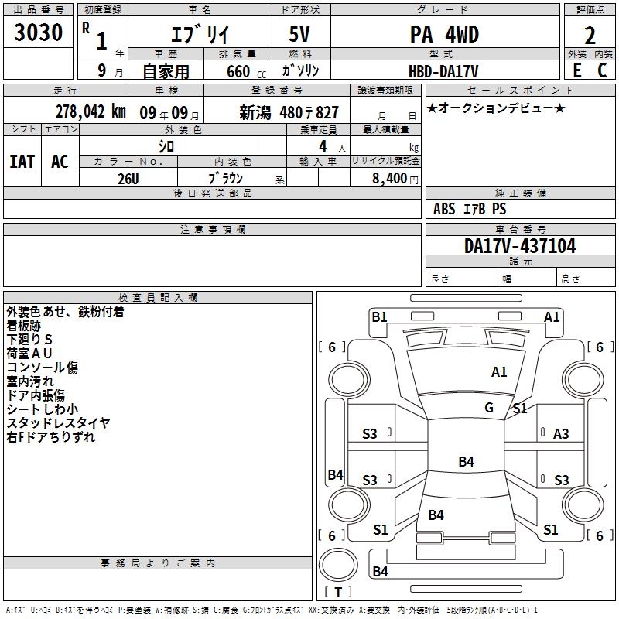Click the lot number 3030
pyautogui.click(x=38, y=32)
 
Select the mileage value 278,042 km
pyautogui.click(x=91, y=111)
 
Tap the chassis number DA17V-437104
pyautogui.click(x=520, y=246)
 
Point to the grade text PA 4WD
pyautogui.click(x=444, y=34)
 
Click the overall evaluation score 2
pyautogui.click(x=590, y=36)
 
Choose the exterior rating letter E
pyautogui.click(x=576, y=70)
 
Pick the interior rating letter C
pyautogui.click(x=602, y=70)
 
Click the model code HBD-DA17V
pyautogui.click(x=443, y=71)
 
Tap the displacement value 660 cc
pyautogui.click(x=246, y=72)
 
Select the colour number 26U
pyautogui.click(x=128, y=179)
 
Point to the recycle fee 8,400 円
pyautogui.click(x=395, y=179)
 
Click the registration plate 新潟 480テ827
pyautogui.click(x=289, y=113)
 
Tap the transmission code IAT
pyautogui.click(x=22, y=162)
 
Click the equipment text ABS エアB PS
pyautogui.click(x=470, y=209)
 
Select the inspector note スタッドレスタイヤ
pyautogui.click(x=59, y=423)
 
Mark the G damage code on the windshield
pyautogui.click(x=489, y=407)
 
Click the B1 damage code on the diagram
pyautogui.click(x=379, y=317)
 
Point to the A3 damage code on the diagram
pyautogui.click(x=561, y=434)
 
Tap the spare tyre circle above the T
pyautogui.click(x=338, y=565)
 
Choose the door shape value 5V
pyautogui.click(x=299, y=34)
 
